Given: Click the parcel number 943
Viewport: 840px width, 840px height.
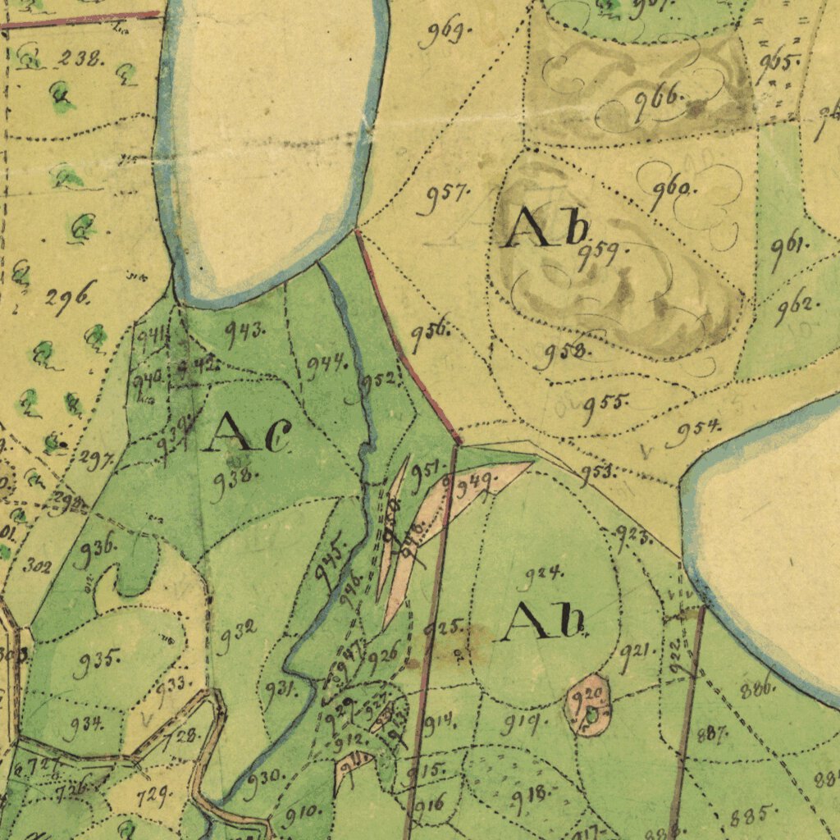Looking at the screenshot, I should click(x=245, y=333).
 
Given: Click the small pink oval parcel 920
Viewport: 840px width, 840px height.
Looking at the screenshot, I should click(x=589, y=704).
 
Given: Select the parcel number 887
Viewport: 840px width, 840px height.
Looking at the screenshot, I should click(x=710, y=734).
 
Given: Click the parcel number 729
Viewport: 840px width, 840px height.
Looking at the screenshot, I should click(x=153, y=793).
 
